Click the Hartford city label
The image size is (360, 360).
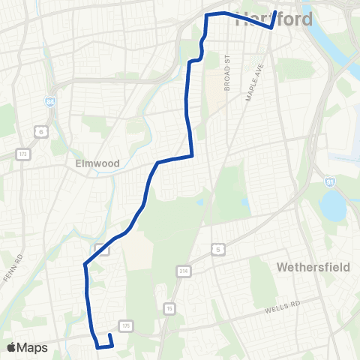pyautogui.click(x=274, y=20)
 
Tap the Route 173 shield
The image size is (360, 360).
pyautogui.click(x=22, y=154)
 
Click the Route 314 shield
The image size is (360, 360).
pyautogui.click(x=183, y=271)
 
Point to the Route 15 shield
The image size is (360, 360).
pyautogui.click(x=169, y=307)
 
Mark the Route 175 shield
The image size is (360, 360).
pyautogui.click(x=126, y=325)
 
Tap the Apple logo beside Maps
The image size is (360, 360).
pyautogui.click(x=11, y=347)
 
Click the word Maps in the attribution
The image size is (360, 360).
pyautogui.click(x=33, y=347)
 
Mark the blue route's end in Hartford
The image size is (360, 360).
pyautogui.click(x=275, y=12)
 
